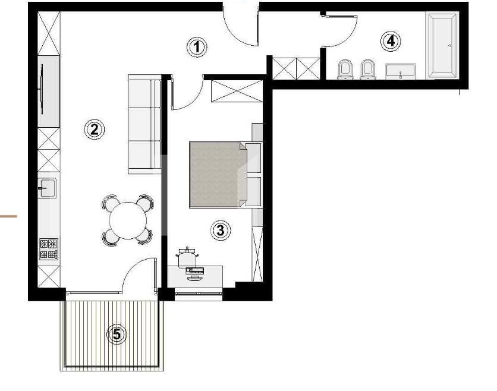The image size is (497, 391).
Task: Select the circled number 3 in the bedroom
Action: [x=221, y=229]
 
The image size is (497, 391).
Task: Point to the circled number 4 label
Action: [x=390, y=41]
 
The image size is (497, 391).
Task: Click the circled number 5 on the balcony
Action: [x=117, y=334]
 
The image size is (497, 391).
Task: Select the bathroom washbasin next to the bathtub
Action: [x=401, y=71]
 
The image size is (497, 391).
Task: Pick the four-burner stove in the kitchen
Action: [x=49, y=249]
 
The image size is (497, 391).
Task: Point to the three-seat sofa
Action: [x=144, y=125]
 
